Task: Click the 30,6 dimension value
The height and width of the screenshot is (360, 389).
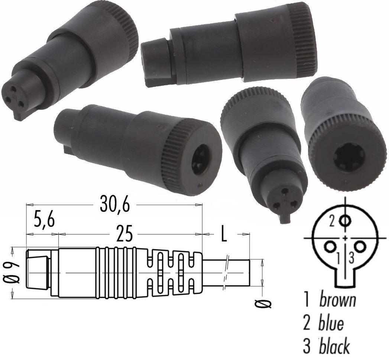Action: (x=114, y=205)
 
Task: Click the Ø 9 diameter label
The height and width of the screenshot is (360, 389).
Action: (x=14, y=273)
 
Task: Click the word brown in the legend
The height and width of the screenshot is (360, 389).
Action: (x=337, y=300)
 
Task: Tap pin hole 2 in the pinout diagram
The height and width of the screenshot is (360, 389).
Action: (x=346, y=221)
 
